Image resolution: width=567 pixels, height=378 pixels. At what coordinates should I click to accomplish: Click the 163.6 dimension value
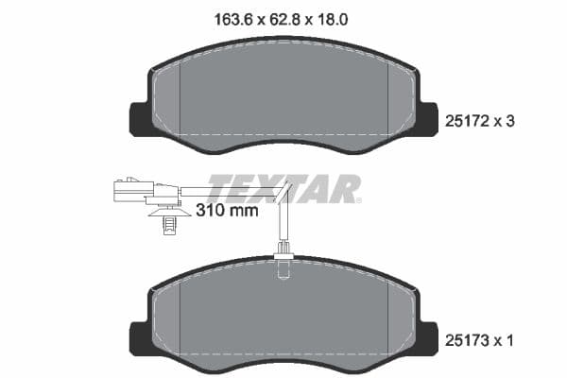(230, 16)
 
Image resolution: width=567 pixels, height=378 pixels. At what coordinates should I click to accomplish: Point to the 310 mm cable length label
(226, 212)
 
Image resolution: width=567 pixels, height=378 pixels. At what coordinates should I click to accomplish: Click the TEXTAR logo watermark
(283, 187)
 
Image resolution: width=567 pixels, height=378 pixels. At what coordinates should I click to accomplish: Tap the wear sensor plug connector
(130, 189)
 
